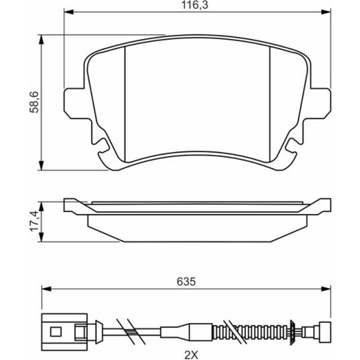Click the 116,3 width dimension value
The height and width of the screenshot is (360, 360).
195,5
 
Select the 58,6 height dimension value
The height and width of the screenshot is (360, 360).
34,102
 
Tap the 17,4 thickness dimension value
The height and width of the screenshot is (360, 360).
34,221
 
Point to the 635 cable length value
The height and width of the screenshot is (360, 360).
186,281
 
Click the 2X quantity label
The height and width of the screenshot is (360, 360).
191,355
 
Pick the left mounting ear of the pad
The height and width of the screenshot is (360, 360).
76,103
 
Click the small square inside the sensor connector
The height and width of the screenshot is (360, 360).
56,332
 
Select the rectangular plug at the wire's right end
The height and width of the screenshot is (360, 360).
325,332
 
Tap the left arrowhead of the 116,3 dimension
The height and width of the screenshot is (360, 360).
68,12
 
